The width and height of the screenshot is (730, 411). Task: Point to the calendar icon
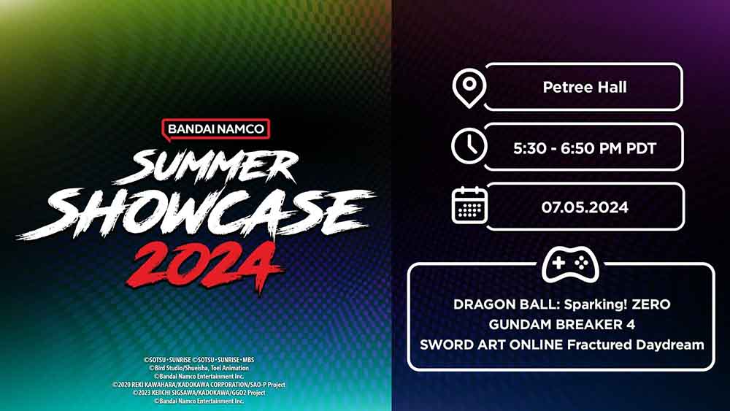pos(469,205)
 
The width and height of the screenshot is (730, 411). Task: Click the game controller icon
pos(570,266)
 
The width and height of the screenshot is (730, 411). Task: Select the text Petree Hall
pos(585,88)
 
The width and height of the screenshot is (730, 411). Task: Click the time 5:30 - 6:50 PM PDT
pos(585,148)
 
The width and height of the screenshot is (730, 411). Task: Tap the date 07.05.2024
pos(585,207)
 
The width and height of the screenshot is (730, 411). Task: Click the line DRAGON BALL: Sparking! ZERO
pos(561,304)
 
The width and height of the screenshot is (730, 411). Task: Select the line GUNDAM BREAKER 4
pos(561,324)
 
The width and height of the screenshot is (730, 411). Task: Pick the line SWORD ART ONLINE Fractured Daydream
pos(561,344)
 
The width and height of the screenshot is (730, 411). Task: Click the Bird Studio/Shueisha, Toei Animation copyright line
pos(199,369)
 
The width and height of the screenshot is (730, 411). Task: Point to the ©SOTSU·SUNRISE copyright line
pos(199,360)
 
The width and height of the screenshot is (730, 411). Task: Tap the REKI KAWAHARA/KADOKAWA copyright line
pos(199,385)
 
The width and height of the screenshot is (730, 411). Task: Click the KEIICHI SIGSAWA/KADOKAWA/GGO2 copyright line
pos(199,393)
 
